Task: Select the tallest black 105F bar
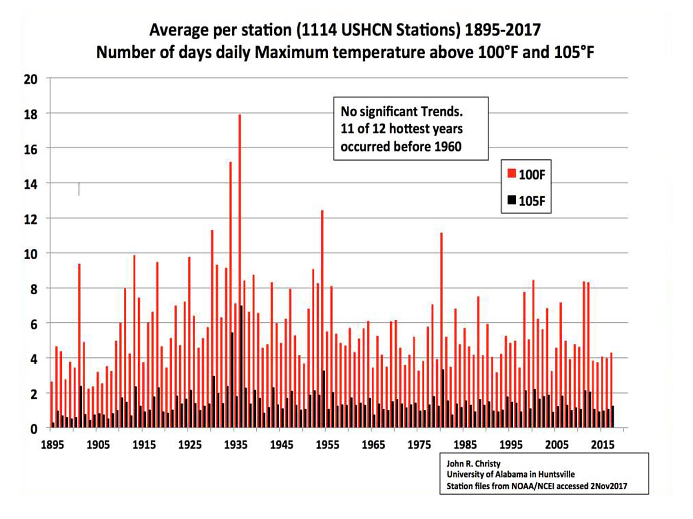coord(242,366)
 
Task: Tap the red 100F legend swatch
coord(512,173)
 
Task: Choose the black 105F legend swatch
coord(512,200)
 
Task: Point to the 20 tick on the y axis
coord(31,79)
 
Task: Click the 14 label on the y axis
coord(31,184)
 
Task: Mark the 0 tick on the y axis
coord(34,429)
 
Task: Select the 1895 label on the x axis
coord(52,444)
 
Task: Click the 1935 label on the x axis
coord(236,444)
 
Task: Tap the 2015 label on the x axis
coord(602,444)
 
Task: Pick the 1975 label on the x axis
coord(419,444)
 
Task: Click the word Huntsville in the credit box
coord(556,475)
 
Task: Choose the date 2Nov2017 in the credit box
coord(608,486)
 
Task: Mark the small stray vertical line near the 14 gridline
coord(79,189)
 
